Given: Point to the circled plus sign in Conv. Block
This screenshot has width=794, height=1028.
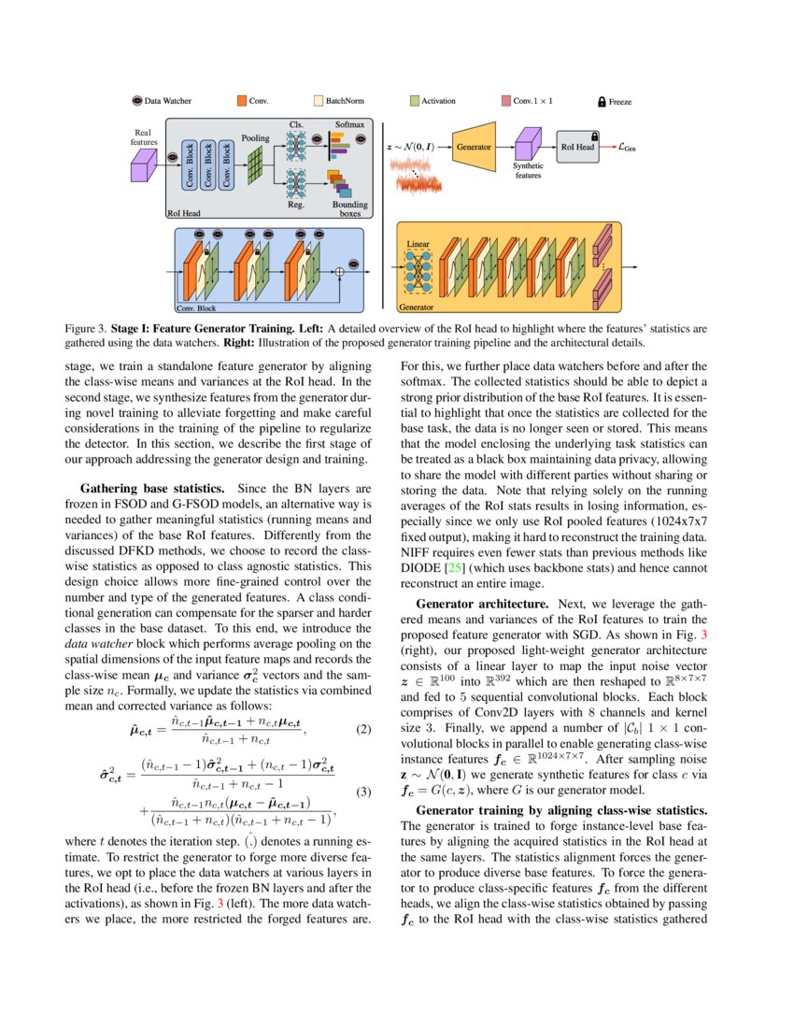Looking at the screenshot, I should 340,272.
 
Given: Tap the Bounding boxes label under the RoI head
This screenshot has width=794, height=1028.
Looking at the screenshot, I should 349,209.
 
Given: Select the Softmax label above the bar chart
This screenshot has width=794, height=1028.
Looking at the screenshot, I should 349,123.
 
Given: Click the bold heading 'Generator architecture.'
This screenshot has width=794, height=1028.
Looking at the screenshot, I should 469,604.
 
